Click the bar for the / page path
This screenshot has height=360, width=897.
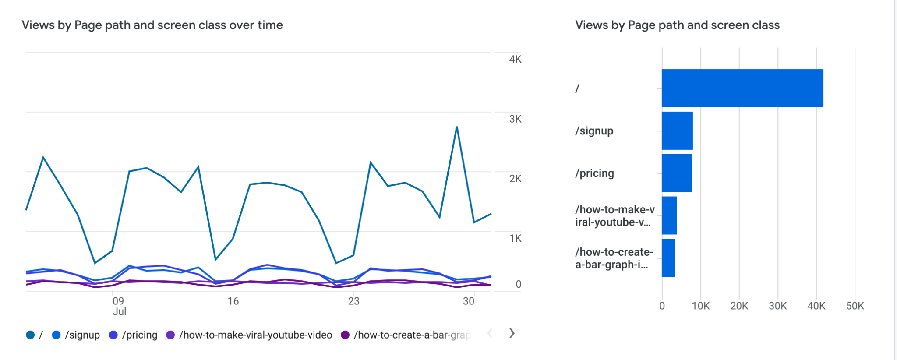(x=742, y=88)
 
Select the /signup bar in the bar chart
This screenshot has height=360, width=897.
(x=677, y=131)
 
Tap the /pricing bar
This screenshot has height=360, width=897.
(x=677, y=173)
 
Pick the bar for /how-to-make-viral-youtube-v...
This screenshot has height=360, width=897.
(x=669, y=215)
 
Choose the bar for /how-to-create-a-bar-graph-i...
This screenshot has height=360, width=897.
(x=668, y=258)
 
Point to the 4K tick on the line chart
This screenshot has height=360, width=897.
(x=515, y=59)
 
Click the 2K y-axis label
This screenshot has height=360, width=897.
(x=515, y=179)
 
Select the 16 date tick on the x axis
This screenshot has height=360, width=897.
(x=233, y=301)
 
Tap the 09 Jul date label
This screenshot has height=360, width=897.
(x=119, y=306)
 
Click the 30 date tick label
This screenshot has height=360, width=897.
(x=469, y=301)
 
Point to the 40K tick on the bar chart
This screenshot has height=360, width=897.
(x=816, y=306)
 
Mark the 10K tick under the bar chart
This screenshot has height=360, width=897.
(x=700, y=306)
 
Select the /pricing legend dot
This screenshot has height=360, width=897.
(x=113, y=335)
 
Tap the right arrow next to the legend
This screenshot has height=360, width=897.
(x=512, y=333)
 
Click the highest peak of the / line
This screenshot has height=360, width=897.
(x=457, y=127)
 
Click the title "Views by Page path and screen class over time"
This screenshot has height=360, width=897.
(x=152, y=25)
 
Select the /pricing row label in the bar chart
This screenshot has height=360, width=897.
(x=594, y=173)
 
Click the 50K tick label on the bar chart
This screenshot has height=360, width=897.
(x=855, y=306)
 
